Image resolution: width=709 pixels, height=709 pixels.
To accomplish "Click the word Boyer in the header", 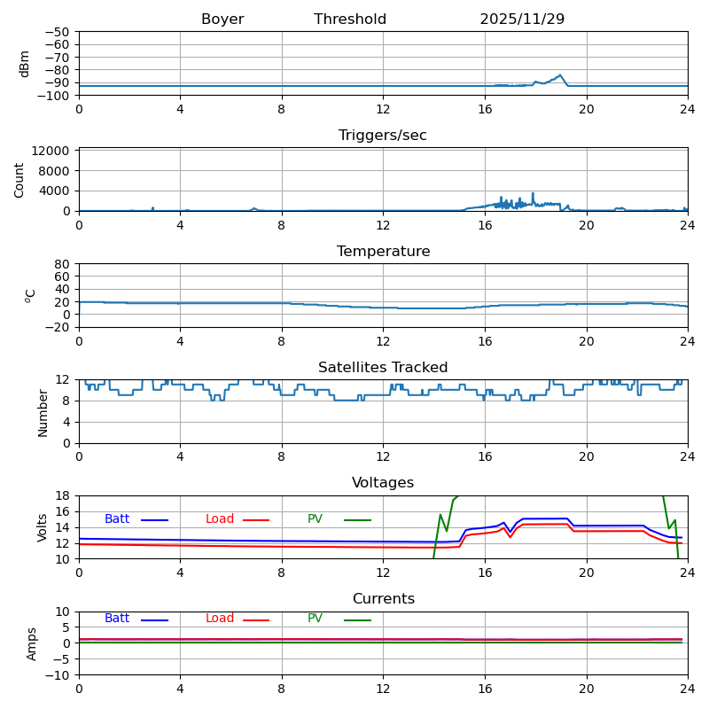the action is [x=222, y=19].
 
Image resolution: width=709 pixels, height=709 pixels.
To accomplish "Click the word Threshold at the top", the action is [x=350, y=19].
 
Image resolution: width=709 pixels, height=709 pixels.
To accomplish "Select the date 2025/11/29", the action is [x=522, y=19].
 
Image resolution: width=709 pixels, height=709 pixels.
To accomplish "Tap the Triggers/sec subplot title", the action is [x=383, y=136].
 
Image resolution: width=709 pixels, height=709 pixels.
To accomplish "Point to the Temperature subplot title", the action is [x=384, y=251].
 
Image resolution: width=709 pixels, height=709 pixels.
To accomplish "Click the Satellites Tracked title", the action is [x=383, y=367].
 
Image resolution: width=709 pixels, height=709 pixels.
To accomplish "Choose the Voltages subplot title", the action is [x=383, y=483].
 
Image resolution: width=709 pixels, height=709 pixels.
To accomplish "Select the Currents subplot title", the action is [x=384, y=599].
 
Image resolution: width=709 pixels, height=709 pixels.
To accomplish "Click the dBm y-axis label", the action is [x=24, y=64].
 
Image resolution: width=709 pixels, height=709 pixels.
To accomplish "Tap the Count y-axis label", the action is [x=19, y=181].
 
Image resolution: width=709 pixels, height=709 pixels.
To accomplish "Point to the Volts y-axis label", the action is [x=42, y=527].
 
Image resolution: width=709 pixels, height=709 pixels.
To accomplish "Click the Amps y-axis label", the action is [x=31, y=644].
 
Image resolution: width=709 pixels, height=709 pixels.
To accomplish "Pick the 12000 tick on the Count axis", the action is [x=51, y=151].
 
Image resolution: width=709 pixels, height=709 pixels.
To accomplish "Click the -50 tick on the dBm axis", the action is [x=57, y=32].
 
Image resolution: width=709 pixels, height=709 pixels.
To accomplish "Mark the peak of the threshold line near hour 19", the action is [x=560, y=75].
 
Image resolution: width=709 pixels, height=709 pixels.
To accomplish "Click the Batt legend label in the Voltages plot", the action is [x=117, y=519].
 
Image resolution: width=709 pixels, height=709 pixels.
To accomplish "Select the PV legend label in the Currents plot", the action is [x=315, y=618].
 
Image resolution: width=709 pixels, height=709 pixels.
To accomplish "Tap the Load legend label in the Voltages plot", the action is [x=220, y=519].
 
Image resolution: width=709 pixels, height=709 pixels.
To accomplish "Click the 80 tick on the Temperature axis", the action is [x=62, y=264].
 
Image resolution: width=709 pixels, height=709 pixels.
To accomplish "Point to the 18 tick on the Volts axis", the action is [x=62, y=496].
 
